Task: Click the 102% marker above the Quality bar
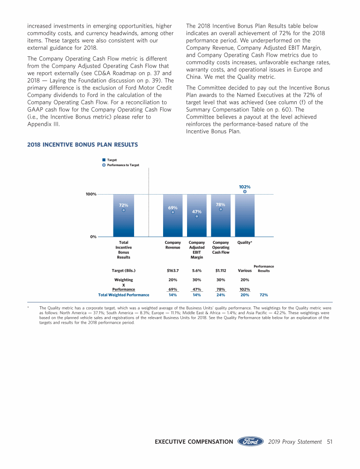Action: tap(245, 191)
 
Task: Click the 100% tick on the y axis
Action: tap(91, 194)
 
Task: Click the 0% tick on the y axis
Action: tap(93, 237)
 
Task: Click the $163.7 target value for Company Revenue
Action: tap(173, 271)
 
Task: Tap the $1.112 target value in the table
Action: tap(221, 271)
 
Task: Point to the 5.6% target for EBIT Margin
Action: tap(197, 271)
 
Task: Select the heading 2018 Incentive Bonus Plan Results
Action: tap(82, 145)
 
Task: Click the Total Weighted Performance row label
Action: tap(123, 295)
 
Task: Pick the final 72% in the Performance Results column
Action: tap(263, 295)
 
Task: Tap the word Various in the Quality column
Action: tap(245, 271)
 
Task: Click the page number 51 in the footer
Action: tap(330, 442)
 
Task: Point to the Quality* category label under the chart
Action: tap(245, 242)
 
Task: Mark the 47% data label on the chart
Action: tap(197, 212)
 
